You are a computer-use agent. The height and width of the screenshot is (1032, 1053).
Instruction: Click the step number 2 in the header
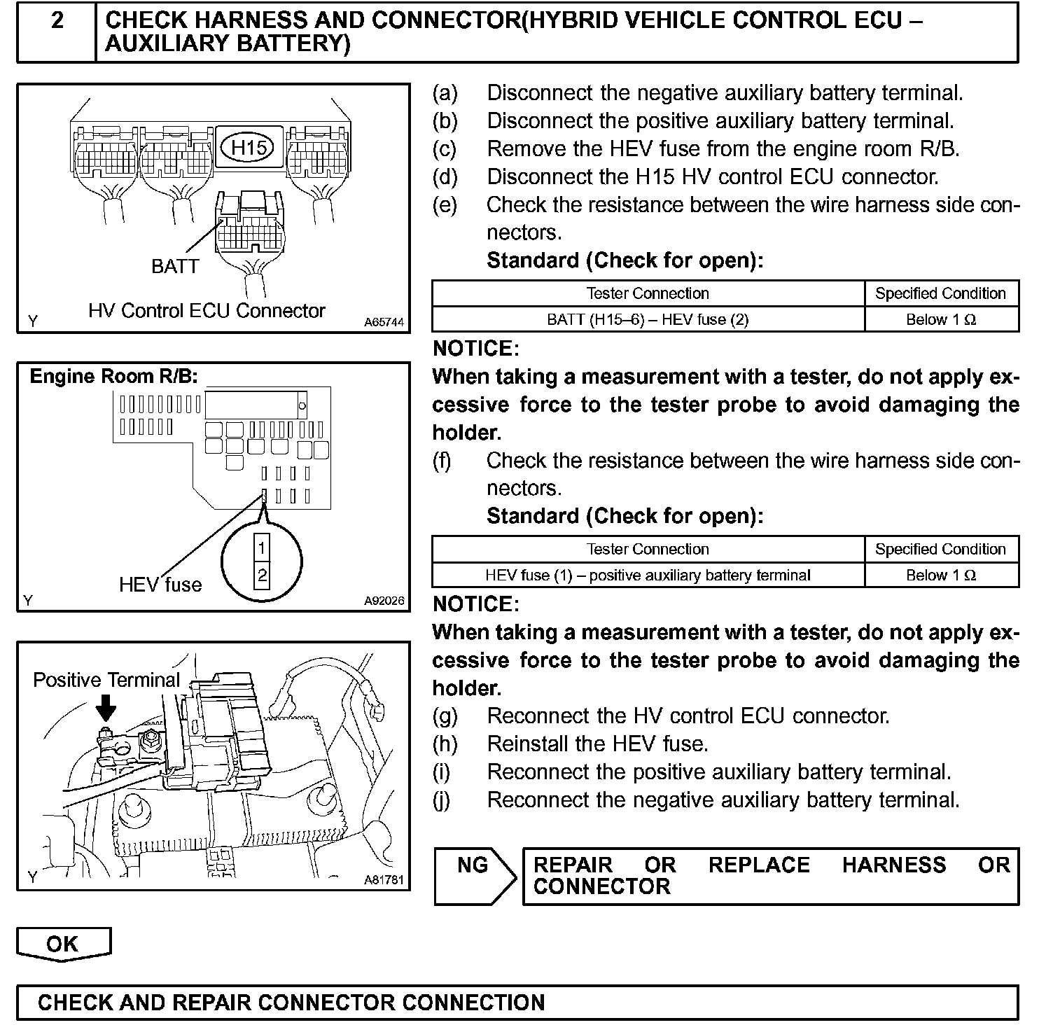[57, 21]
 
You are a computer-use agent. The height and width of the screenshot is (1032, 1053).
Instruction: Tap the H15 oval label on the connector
[249, 147]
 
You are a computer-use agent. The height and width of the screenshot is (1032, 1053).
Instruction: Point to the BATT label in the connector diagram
[175, 266]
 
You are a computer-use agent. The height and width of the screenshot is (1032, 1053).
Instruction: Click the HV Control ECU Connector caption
[207, 311]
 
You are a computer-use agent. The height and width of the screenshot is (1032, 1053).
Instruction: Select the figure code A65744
[384, 323]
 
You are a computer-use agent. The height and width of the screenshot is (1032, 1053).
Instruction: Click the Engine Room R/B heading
[114, 377]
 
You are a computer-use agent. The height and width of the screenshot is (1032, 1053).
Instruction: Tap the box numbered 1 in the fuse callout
[261, 548]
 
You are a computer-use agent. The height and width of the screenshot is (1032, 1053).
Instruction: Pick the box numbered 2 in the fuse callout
[261, 576]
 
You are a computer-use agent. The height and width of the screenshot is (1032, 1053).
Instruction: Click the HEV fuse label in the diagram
[160, 585]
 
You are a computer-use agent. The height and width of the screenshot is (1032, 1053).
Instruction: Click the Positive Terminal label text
[106, 680]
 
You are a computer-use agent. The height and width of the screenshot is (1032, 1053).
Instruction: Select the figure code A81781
[384, 880]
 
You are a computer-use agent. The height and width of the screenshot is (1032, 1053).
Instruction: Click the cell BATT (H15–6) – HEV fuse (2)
[648, 320]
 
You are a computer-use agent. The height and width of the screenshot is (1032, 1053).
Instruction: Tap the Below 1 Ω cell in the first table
[941, 320]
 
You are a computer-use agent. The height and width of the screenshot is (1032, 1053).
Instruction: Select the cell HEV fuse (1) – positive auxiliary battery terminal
[648, 576]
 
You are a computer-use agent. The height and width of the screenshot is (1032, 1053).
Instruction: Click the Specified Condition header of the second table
[941, 550]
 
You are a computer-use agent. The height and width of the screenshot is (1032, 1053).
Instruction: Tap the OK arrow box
[63, 944]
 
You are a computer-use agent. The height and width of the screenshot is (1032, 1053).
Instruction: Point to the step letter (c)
[445, 149]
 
